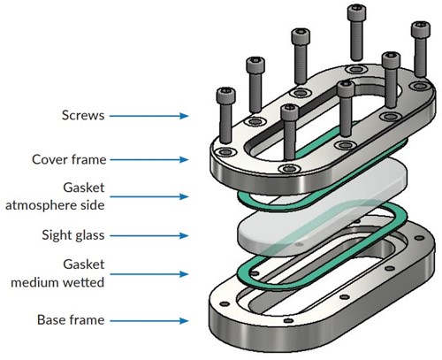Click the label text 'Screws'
point(83,115)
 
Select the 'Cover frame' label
point(69,159)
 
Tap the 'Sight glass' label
point(73,235)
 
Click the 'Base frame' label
point(71,320)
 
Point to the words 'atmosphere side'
point(55,205)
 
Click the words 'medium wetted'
point(57,282)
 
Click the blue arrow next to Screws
point(149,116)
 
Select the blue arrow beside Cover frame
point(149,160)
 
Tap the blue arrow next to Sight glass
point(149,235)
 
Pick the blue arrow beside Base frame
point(149,321)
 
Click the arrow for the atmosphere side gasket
point(149,196)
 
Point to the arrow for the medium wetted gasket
point(149,274)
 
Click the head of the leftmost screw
point(226,95)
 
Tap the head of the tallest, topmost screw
point(357,12)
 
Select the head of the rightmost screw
point(421,28)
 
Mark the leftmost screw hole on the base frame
point(225,303)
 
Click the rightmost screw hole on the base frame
point(420,238)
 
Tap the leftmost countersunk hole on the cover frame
point(226,152)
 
